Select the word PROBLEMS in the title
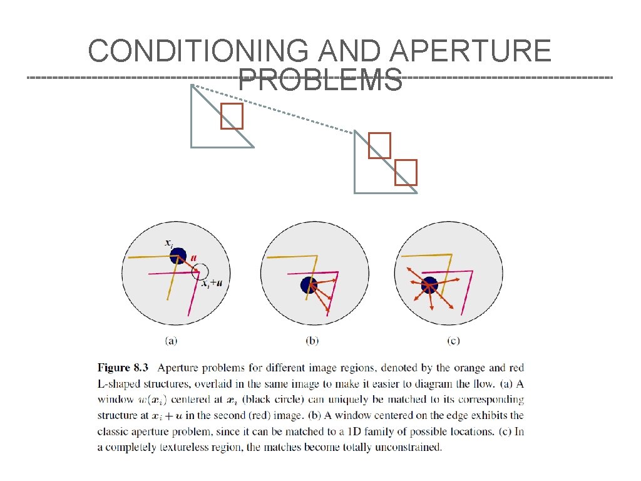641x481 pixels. [320, 80]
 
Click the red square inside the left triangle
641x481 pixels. [232, 116]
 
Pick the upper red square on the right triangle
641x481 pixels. [379, 145]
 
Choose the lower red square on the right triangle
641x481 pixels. [406, 172]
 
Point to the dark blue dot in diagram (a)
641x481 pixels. [178, 256]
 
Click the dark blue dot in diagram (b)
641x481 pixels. [309, 285]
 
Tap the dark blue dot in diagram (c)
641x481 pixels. [429, 285]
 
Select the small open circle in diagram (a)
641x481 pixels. [201, 271]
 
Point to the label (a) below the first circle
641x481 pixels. [171, 341]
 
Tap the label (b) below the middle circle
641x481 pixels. [312, 341]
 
